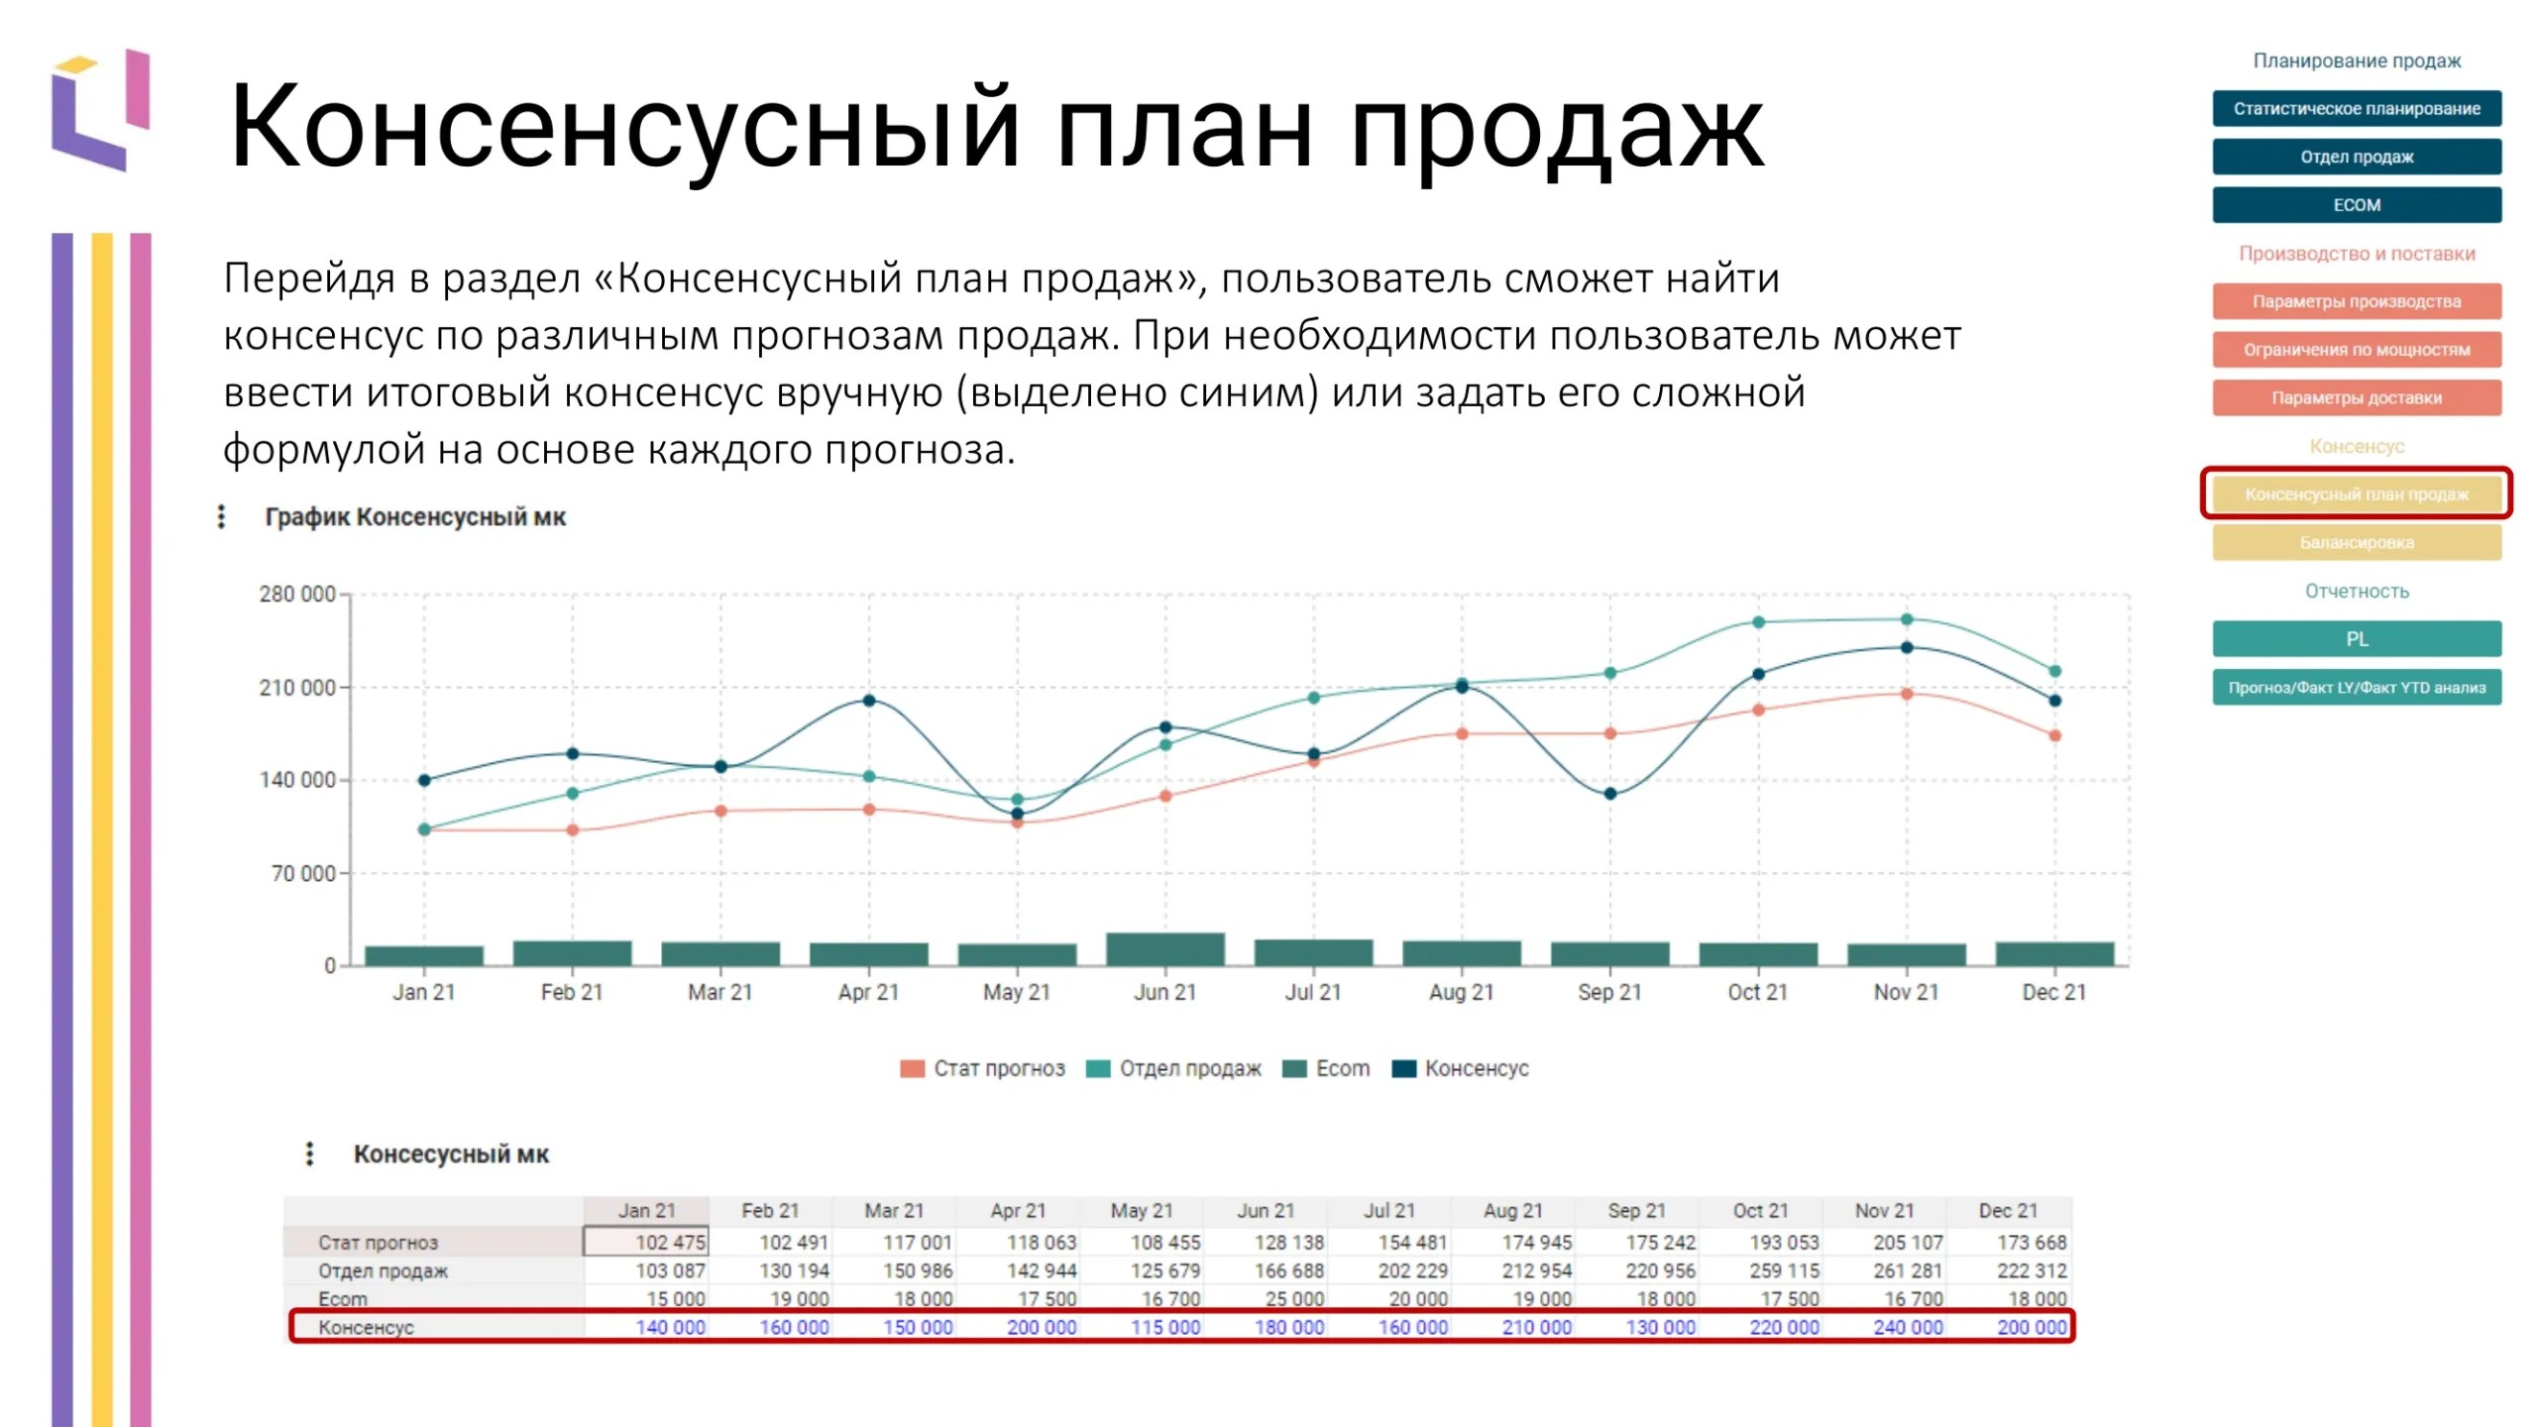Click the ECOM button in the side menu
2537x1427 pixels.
[2356, 205]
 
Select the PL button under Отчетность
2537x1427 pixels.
[2356, 639]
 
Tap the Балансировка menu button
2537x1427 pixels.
[2356, 543]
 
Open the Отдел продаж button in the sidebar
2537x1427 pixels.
[2356, 157]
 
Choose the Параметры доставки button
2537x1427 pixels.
[2356, 398]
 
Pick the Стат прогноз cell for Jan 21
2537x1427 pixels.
[646, 1242]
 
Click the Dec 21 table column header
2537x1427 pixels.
[2008, 1211]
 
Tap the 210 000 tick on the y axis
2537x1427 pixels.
[297, 688]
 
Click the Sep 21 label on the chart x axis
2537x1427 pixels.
[1609, 992]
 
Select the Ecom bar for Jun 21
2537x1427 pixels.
[1165, 949]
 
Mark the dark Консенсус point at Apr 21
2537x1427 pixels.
[869, 701]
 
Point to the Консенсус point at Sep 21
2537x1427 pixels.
[1610, 794]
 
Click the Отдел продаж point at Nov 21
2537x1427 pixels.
[1907, 620]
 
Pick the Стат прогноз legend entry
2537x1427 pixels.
[982, 1068]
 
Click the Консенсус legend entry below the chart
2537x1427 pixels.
[1461, 1068]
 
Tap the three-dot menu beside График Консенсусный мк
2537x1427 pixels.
[221, 516]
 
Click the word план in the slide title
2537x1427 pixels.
[1183, 127]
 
